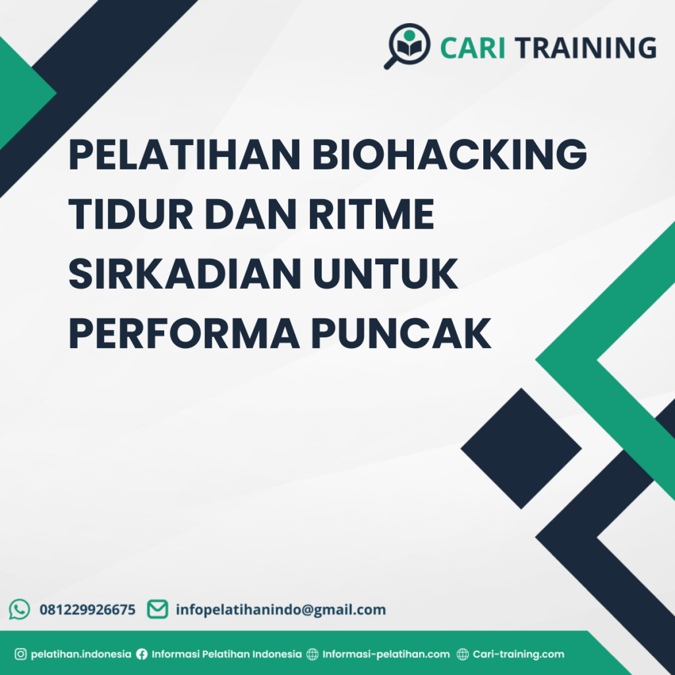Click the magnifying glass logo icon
(x=406, y=45)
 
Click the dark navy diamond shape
(x=521, y=448)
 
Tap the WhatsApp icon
(x=20, y=609)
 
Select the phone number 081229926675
(x=88, y=610)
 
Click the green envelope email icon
(x=158, y=609)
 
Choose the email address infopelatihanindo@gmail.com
(x=281, y=610)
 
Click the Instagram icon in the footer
(x=20, y=655)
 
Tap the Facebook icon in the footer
(x=142, y=655)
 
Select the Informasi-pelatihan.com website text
(x=386, y=655)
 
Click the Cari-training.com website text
(x=518, y=655)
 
